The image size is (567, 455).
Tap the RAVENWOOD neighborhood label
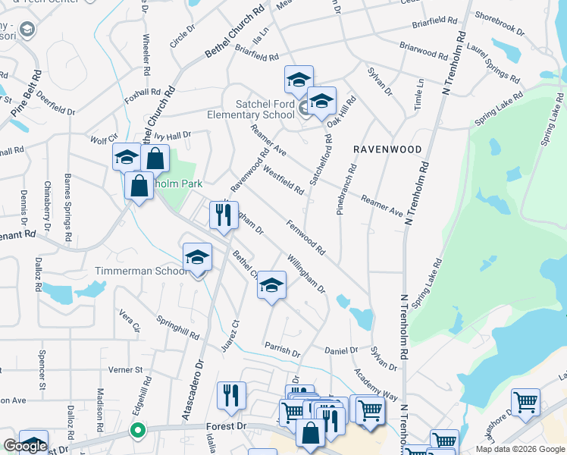point(387,150)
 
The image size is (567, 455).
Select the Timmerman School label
point(141,271)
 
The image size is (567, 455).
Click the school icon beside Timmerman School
point(197,257)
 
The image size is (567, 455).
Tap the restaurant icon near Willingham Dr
point(223,215)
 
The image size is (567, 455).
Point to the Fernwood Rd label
point(306,237)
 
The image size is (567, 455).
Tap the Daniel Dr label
point(341,350)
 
